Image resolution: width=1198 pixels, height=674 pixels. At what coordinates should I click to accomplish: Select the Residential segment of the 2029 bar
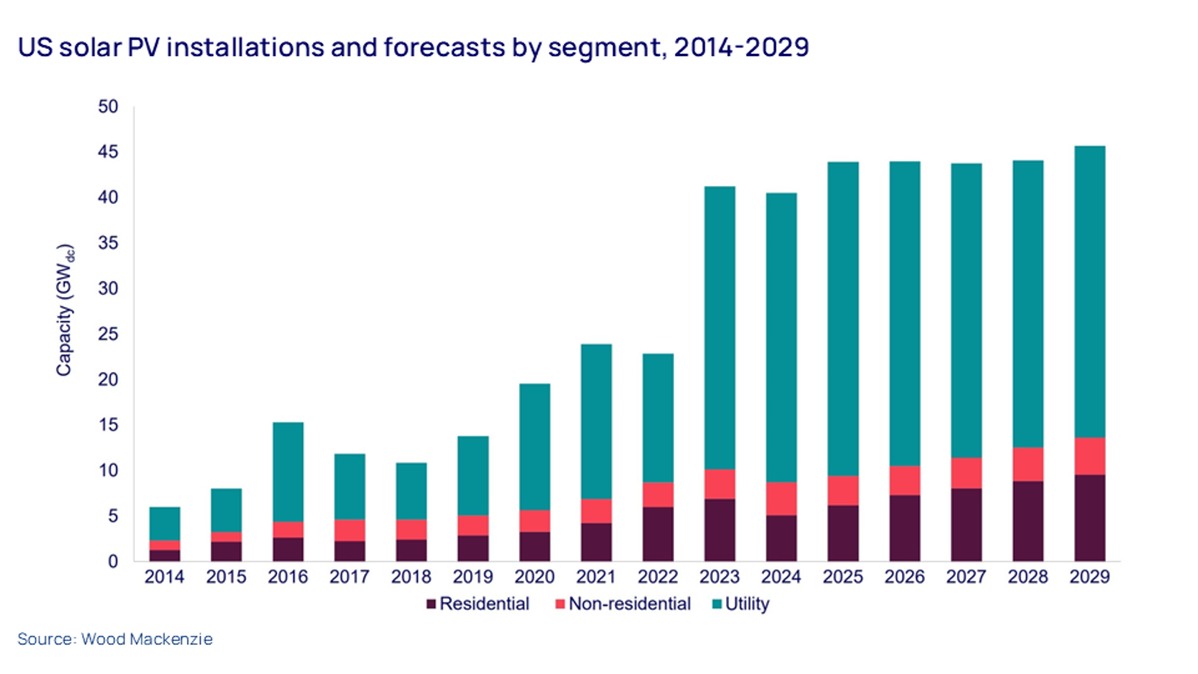[1090, 517]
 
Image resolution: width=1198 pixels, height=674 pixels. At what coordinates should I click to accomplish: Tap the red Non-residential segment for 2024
[781, 498]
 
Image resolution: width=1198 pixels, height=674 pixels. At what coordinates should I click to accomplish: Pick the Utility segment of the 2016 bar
[288, 472]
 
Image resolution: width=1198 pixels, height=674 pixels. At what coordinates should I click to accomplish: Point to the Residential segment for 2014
[164, 555]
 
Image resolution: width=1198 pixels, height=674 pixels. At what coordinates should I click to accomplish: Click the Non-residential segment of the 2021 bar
[596, 511]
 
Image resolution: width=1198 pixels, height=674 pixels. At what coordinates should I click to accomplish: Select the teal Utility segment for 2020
[534, 446]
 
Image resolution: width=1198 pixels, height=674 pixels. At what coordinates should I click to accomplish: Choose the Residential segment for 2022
[658, 533]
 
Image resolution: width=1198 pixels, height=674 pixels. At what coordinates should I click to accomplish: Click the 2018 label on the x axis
[411, 577]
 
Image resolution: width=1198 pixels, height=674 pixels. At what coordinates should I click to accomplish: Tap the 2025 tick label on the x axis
[843, 577]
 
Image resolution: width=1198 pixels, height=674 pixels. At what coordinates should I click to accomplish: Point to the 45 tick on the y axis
[108, 152]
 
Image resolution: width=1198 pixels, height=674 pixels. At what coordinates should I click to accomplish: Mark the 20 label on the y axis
[108, 380]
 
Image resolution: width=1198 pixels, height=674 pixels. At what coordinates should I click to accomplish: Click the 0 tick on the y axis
[112, 561]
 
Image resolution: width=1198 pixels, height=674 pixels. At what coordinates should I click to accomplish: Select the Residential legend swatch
[431, 604]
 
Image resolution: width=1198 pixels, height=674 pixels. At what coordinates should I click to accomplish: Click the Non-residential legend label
[629, 604]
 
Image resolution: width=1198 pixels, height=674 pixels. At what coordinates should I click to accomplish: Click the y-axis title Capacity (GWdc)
[65, 310]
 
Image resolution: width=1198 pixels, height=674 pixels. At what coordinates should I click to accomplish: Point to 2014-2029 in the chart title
[741, 48]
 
